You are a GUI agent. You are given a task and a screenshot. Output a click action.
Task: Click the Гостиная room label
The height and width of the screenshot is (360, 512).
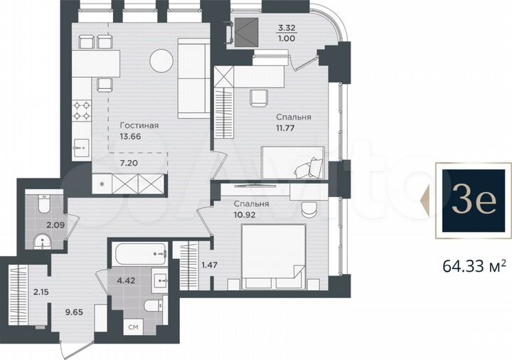139,125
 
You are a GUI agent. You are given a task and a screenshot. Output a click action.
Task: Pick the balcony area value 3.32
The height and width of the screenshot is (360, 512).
286,29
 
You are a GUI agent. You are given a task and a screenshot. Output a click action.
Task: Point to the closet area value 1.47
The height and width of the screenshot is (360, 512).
210,265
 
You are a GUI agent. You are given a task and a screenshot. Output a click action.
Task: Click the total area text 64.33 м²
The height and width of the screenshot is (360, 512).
474,266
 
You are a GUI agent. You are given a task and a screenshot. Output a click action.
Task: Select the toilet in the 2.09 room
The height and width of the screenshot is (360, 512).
41,206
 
